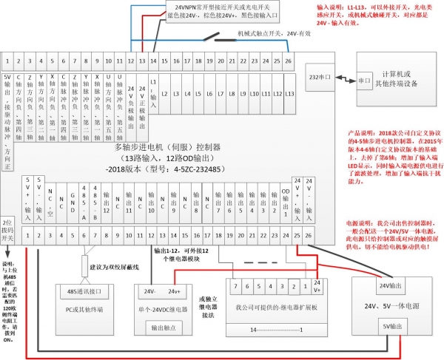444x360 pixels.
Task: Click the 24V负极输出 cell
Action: tap(130, 98)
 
